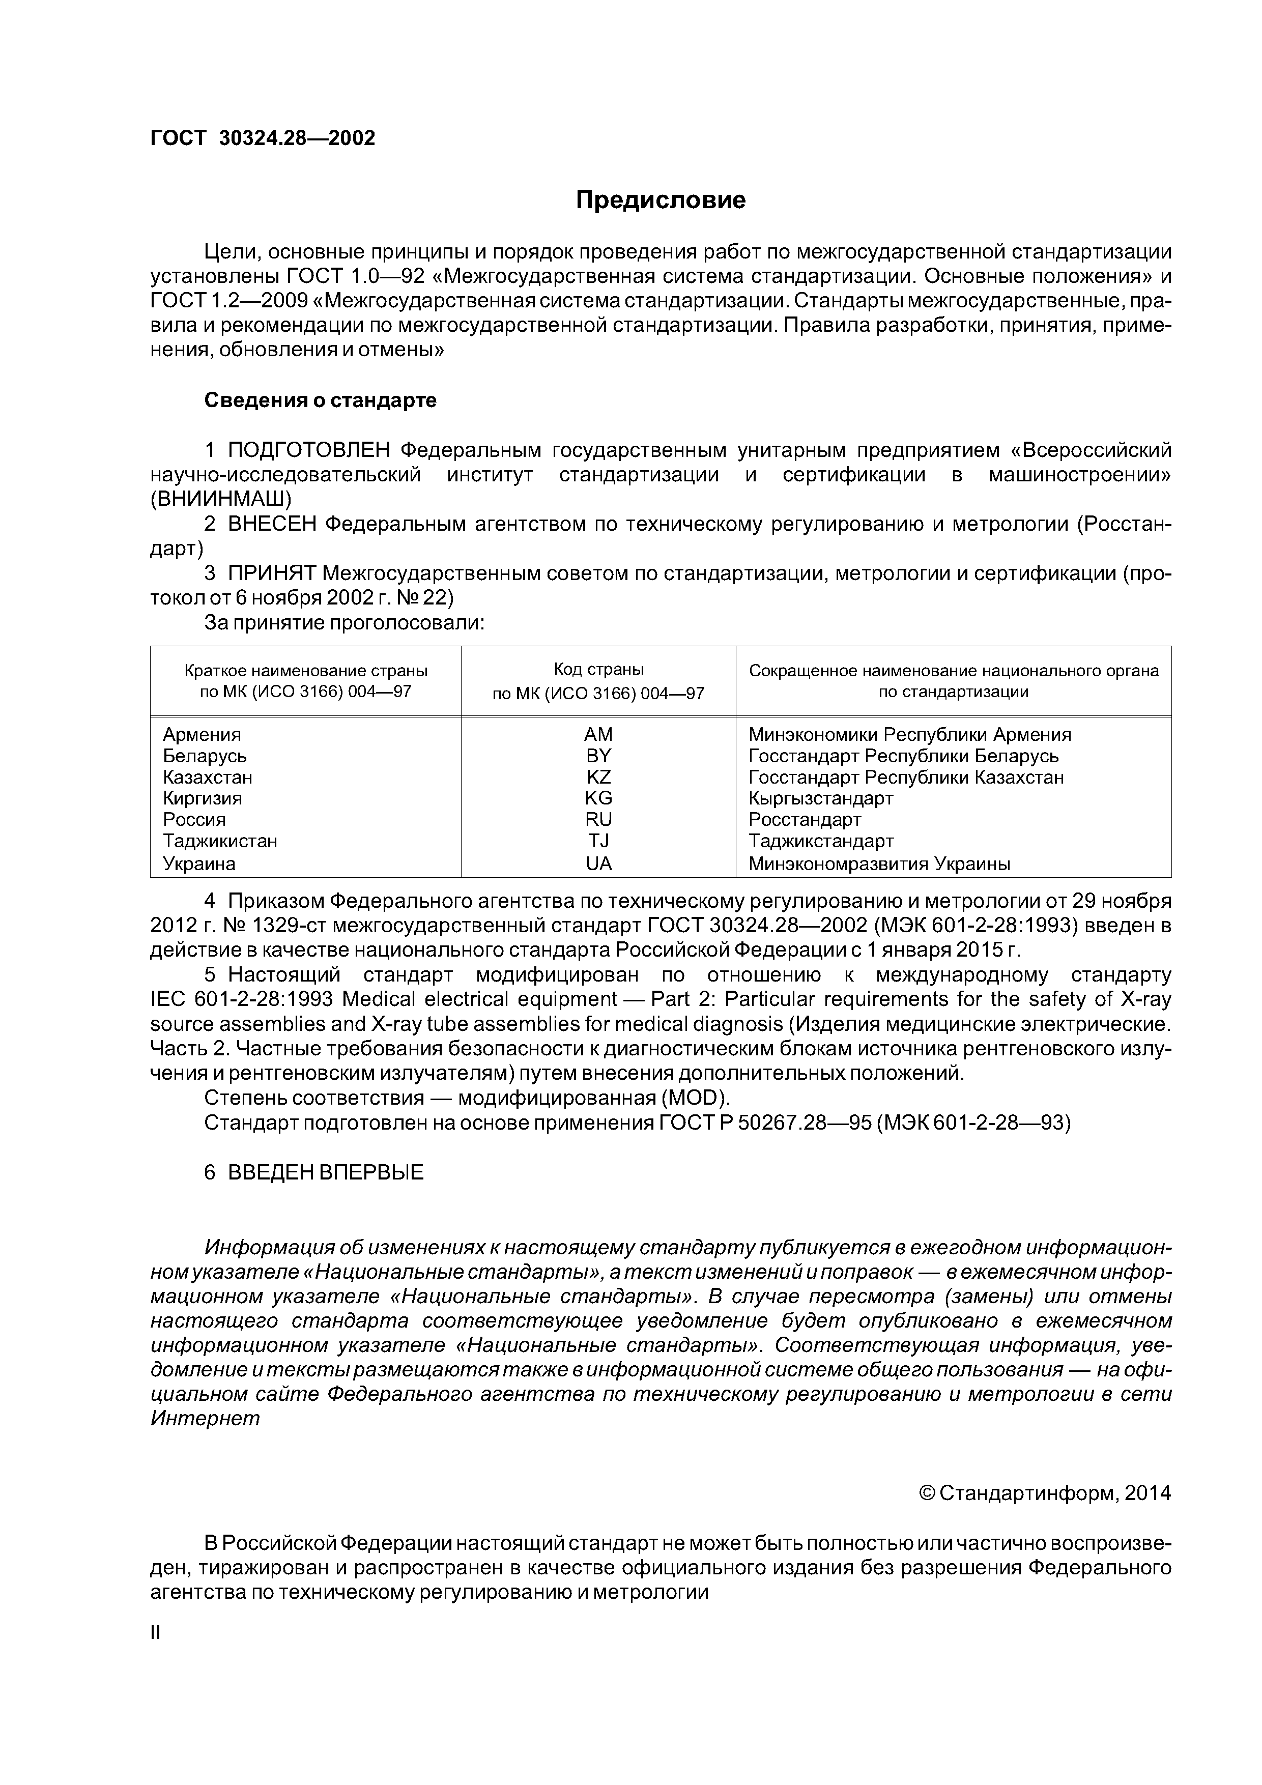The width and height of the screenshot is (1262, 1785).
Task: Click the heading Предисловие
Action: pyautogui.click(x=660, y=200)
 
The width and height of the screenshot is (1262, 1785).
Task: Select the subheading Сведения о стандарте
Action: pyautogui.click(x=321, y=400)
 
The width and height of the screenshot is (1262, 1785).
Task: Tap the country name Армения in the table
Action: pyautogui.click(x=202, y=735)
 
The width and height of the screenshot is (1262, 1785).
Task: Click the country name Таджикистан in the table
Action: pyautogui.click(x=220, y=841)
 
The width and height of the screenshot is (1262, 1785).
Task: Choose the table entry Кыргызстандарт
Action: pyautogui.click(x=820, y=798)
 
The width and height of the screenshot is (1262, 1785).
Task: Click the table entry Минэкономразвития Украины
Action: pyautogui.click(x=879, y=863)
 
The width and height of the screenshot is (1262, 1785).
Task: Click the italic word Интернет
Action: pyautogui.click(x=205, y=1418)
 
